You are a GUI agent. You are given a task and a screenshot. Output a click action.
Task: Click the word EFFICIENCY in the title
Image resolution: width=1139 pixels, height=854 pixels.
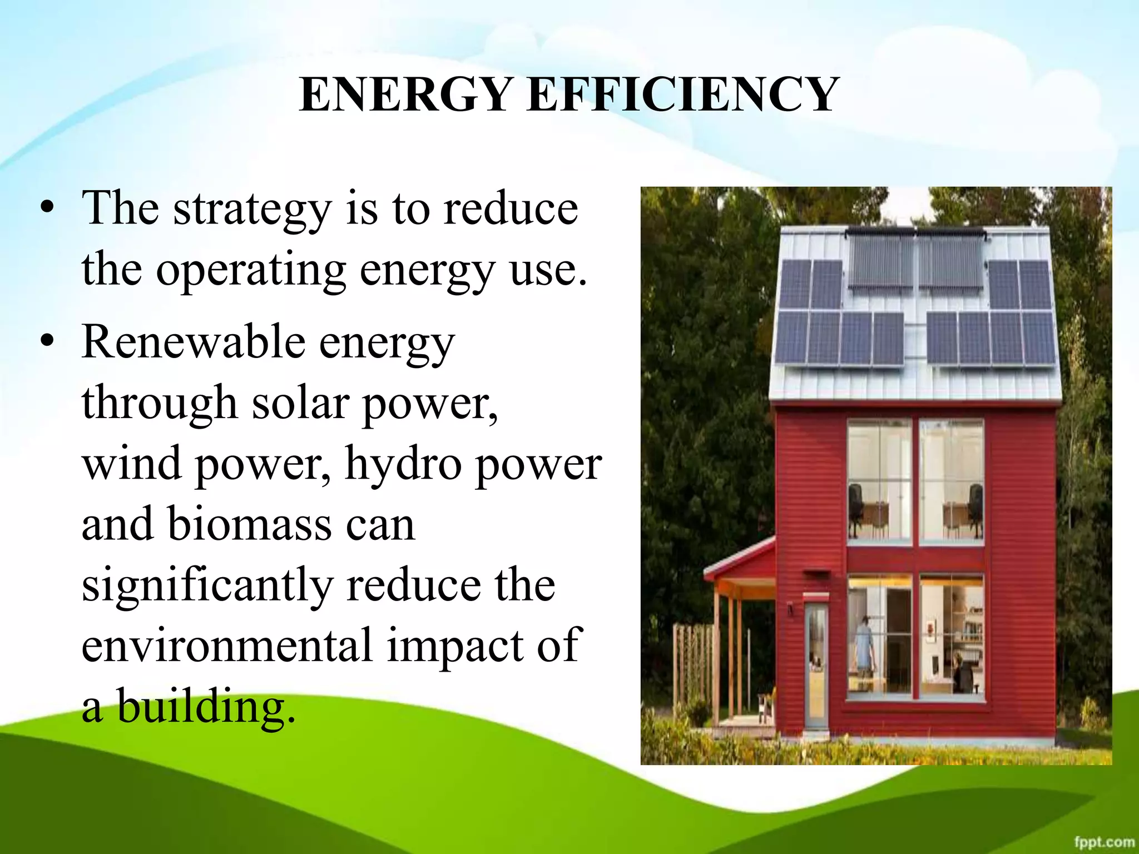pyautogui.click(x=683, y=95)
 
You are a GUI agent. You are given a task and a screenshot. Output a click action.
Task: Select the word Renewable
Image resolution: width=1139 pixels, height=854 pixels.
pyautogui.click(x=193, y=342)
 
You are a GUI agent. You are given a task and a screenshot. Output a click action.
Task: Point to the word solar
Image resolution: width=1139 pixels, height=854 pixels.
pyautogui.click(x=300, y=403)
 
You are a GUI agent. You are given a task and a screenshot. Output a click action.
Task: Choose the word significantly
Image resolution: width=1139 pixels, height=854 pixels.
pyautogui.click(x=207, y=586)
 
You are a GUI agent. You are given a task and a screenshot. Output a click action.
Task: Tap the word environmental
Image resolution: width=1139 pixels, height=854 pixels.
pyautogui.click(x=226, y=646)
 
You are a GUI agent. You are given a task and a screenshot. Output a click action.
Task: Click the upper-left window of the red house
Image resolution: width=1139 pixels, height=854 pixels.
pyautogui.click(x=879, y=480)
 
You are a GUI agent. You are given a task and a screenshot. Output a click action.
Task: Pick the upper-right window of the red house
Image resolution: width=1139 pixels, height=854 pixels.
pyautogui.click(x=951, y=480)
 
